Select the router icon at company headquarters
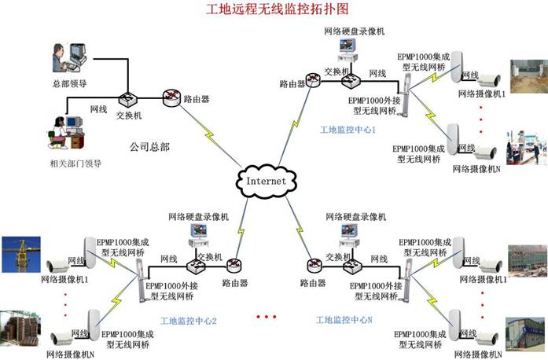[171, 98]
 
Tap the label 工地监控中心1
[348, 128]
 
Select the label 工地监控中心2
[188, 321]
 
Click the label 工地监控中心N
[344, 320]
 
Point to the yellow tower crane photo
[20, 253]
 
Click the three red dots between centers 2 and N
[267, 317]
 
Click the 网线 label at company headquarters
[99, 108]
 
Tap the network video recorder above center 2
[197, 233]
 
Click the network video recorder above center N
[348, 234]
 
